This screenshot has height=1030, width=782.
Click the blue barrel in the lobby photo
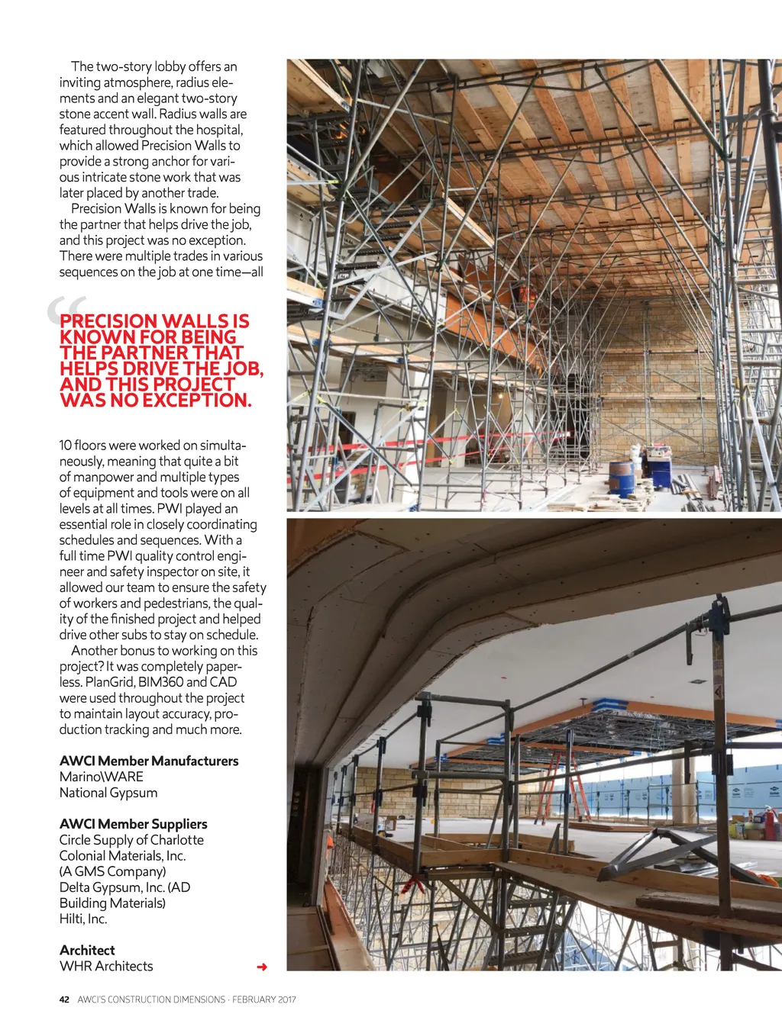pyautogui.click(x=622, y=478)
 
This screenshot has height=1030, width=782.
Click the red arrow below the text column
pyautogui.click(x=262, y=967)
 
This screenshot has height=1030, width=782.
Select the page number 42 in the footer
pyautogui.click(x=64, y=999)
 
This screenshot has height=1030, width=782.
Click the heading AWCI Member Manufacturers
pyautogui.click(x=149, y=761)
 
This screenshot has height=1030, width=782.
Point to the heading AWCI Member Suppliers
pyautogui.click(x=134, y=824)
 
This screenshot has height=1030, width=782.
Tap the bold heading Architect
pyautogui.click(x=87, y=950)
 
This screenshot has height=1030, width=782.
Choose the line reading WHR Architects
pyautogui.click(x=106, y=966)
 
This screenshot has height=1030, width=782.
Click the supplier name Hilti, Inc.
pyautogui.click(x=83, y=919)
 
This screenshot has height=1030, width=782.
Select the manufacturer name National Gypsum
pyautogui.click(x=108, y=793)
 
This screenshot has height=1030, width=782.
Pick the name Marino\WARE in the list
pyautogui.click(x=102, y=777)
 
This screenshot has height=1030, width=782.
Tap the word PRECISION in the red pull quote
pyautogui.click(x=108, y=321)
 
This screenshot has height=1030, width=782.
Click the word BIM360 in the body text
pyautogui.click(x=160, y=682)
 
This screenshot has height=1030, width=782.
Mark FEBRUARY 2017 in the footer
pyautogui.click(x=264, y=999)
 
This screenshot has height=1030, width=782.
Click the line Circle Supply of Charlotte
pyautogui.click(x=131, y=840)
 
